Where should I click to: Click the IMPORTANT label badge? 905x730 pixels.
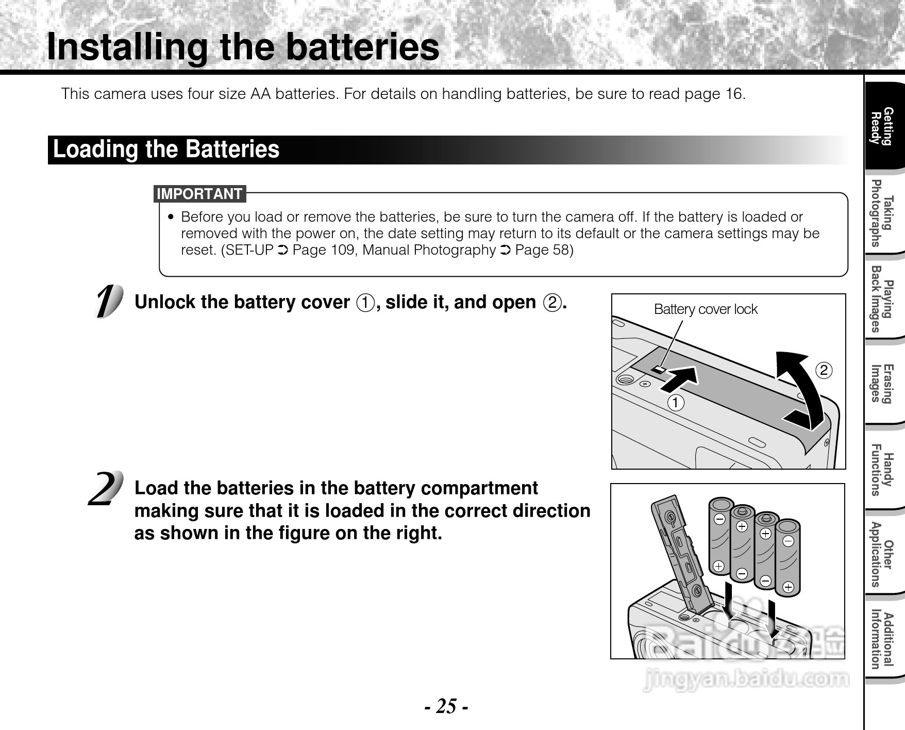199,194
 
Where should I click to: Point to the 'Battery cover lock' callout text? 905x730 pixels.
705,309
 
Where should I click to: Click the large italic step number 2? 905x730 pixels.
106,489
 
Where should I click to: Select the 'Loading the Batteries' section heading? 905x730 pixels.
166,150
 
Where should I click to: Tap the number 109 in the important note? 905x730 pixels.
341,250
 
